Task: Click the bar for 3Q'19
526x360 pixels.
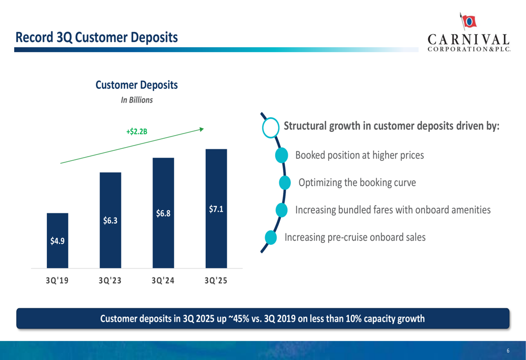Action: pyautogui.click(x=57, y=240)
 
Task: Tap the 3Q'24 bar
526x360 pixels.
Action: pyautogui.click(x=163, y=213)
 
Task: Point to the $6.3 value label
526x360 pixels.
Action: pyautogui.click(x=110, y=221)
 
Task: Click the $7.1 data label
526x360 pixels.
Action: pyautogui.click(x=216, y=209)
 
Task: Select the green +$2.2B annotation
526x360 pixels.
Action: pyautogui.click(x=137, y=131)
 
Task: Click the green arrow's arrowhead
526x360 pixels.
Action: pyautogui.click(x=201, y=128)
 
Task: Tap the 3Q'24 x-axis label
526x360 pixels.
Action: pyautogui.click(x=163, y=281)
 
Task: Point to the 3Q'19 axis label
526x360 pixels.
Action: pyautogui.click(x=57, y=281)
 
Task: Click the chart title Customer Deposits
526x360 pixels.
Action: pyautogui.click(x=136, y=85)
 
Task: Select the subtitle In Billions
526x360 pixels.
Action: pyautogui.click(x=137, y=100)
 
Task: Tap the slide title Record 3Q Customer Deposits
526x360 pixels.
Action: pyautogui.click(x=96, y=37)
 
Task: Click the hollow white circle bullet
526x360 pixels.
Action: pyautogui.click(x=270, y=127)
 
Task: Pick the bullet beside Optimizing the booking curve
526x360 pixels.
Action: pyautogui.click(x=285, y=182)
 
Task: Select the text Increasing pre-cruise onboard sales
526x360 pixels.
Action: pyautogui.click(x=355, y=237)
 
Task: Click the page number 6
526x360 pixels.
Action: pyautogui.click(x=508, y=351)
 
